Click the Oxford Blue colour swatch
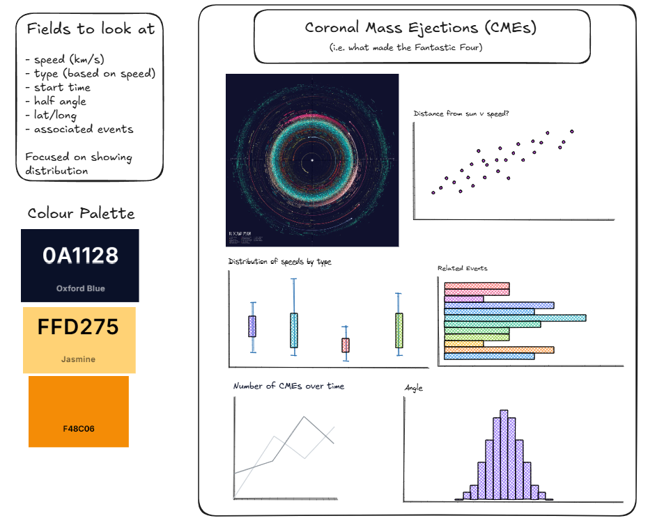(79, 265)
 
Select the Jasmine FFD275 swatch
(79, 340)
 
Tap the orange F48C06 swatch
(78, 411)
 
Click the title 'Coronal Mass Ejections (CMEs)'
(421, 29)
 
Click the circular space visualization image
(311, 160)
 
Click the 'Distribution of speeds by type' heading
(279, 262)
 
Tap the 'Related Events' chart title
(462, 268)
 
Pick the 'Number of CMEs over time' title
(288, 386)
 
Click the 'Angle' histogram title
(414, 388)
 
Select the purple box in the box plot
(252, 326)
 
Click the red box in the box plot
(345, 345)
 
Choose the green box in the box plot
(399, 330)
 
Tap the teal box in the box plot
(294, 330)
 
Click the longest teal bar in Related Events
(515, 318)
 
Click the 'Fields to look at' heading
(91, 29)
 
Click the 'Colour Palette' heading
(81, 213)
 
